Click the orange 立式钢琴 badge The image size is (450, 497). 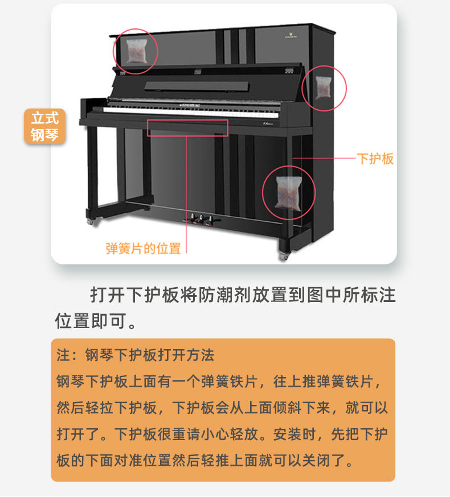click(x=45, y=126)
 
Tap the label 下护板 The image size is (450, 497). click(x=375, y=159)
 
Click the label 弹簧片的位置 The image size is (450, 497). click(x=143, y=248)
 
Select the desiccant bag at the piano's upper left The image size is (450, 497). click(x=137, y=51)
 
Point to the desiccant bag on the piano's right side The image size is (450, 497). click(x=324, y=88)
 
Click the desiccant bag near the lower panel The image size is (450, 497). click(x=288, y=193)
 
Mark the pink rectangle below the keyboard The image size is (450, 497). click(x=187, y=128)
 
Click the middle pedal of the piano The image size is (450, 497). click(x=201, y=219)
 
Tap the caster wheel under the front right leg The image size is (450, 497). click(x=284, y=256)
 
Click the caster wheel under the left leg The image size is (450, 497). click(x=91, y=221)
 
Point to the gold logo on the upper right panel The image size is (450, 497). click(x=291, y=35)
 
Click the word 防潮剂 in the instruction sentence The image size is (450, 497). click(x=224, y=295)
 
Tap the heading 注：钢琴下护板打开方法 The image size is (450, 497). click(x=136, y=355)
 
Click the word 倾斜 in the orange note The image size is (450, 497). click(x=287, y=408)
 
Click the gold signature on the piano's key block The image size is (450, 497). click(x=268, y=123)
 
